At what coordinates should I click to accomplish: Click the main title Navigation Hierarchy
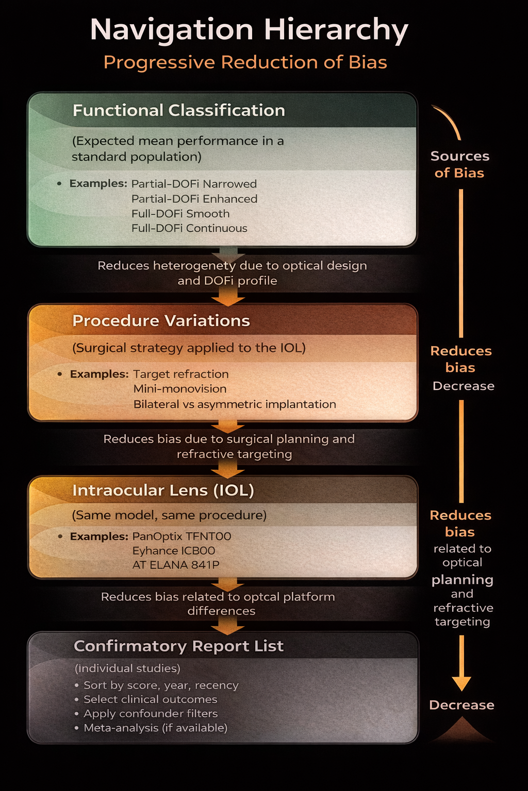pyautogui.click(x=249, y=30)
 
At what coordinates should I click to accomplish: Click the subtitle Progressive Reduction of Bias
pyautogui.click(x=245, y=62)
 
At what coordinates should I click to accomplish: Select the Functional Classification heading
pyautogui.click(x=178, y=110)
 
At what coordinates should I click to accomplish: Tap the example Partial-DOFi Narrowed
pyautogui.click(x=194, y=184)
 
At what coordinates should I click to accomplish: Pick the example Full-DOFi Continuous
pyautogui.click(x=189, y=228)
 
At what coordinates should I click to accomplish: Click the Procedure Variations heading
pyautogui.click(x=161, y=320)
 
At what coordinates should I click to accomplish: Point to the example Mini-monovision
pyautogui.click(x=180, y=389)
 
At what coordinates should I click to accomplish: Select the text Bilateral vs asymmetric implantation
pyautogui.click(x=235, y=404)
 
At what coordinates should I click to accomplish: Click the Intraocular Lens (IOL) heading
pyautogui.click(x=163, y=490)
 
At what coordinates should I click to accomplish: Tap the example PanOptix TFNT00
pyautogui.click(x=181, y=536)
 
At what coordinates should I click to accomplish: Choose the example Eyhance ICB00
pyautogui.click(x=174, y=551)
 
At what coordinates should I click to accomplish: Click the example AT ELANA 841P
pyautogui.click(x=176, y=565)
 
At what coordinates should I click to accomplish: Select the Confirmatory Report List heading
pyautogui.click(x=178, y=646)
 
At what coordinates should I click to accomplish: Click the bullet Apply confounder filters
pyautogui.click(x=151, y=714)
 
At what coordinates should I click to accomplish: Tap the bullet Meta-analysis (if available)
pyautogui.click(x=155, y=728)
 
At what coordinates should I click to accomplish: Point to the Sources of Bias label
pyautogui.click(x=459, y=164)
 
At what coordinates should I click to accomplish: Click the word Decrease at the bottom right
pyautogui.click(x=461, y=705)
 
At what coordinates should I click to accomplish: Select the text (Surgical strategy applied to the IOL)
pyautogui.click(x=189, y=348)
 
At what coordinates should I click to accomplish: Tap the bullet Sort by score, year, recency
pyautogui.click(x=161, y=685)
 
